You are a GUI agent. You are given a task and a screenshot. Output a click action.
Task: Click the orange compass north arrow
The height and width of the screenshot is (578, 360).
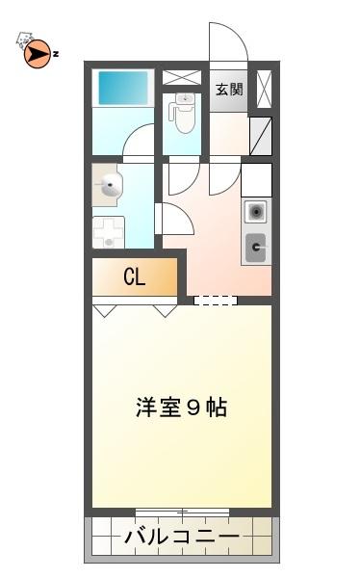tap(37, 54)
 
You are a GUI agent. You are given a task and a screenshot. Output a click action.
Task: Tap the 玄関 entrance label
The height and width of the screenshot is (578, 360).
tap(229, 90)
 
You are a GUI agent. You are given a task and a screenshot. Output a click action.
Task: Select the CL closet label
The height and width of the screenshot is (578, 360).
tap(135, 276)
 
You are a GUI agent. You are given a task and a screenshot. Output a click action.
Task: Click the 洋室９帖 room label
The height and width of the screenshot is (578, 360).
tap(181, 407)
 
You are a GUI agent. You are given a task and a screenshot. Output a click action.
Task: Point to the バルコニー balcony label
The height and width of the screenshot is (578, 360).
tap(182, 537)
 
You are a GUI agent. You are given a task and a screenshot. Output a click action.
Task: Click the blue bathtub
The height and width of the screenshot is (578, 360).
tap(122, 88)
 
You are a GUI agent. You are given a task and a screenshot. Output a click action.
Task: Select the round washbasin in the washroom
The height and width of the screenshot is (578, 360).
tap(111, 185)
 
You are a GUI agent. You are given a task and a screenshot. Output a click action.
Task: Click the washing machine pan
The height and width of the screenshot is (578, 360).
tap(109, 232)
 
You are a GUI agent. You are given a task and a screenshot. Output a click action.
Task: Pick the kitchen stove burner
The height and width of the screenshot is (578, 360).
tap(255, 212)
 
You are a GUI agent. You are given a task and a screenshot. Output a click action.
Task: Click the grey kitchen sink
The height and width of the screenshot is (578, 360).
tap(255, 248)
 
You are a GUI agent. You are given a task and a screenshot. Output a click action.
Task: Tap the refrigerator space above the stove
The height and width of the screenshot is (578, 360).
tap(256, 180)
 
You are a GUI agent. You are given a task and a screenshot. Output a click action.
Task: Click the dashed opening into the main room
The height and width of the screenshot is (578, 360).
tap(216, 301)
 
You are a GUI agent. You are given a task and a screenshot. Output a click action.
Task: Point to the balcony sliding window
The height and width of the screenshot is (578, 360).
tap(182, 512)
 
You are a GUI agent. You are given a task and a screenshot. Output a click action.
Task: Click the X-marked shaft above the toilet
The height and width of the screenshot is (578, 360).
tap(182, 77)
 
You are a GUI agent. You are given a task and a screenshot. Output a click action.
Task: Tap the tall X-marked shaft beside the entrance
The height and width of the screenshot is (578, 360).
tap(264, 89)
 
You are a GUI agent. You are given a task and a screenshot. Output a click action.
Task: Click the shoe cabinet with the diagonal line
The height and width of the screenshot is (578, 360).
tap(261, 136)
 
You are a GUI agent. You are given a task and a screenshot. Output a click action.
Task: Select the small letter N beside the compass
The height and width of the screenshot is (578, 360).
tap(55, 54)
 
